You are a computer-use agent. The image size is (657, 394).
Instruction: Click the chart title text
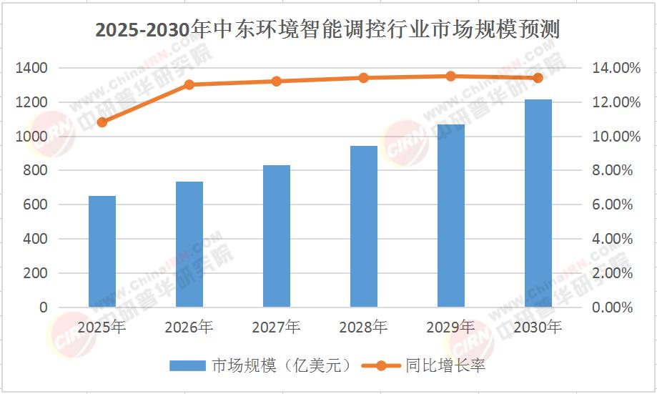327,30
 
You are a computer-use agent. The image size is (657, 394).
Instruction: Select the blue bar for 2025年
102,252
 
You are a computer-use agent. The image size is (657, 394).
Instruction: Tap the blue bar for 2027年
277,236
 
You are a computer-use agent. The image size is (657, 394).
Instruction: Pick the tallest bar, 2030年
538,203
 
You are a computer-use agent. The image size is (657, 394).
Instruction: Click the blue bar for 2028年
364,227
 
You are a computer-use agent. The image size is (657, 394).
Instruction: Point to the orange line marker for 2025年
102,122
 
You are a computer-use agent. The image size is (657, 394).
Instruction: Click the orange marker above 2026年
189,84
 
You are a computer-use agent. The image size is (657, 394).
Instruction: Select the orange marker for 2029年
451,77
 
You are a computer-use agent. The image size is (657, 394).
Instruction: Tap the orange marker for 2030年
538,78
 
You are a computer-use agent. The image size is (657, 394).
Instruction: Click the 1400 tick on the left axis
31,68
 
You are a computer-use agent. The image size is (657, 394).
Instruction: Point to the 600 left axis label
35,205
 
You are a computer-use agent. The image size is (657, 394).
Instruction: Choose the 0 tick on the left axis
44,307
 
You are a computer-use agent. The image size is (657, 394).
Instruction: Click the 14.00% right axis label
616,68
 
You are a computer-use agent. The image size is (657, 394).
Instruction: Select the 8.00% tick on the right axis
612,170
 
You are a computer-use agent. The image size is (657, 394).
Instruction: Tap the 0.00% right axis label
612,307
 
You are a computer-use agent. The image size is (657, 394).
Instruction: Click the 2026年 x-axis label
189,327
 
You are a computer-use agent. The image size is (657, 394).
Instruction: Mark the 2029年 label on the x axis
450,327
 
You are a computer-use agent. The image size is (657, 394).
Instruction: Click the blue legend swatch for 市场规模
187,366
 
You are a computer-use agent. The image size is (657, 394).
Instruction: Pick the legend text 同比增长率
445,366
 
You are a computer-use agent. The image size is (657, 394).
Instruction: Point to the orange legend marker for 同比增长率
381,366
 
